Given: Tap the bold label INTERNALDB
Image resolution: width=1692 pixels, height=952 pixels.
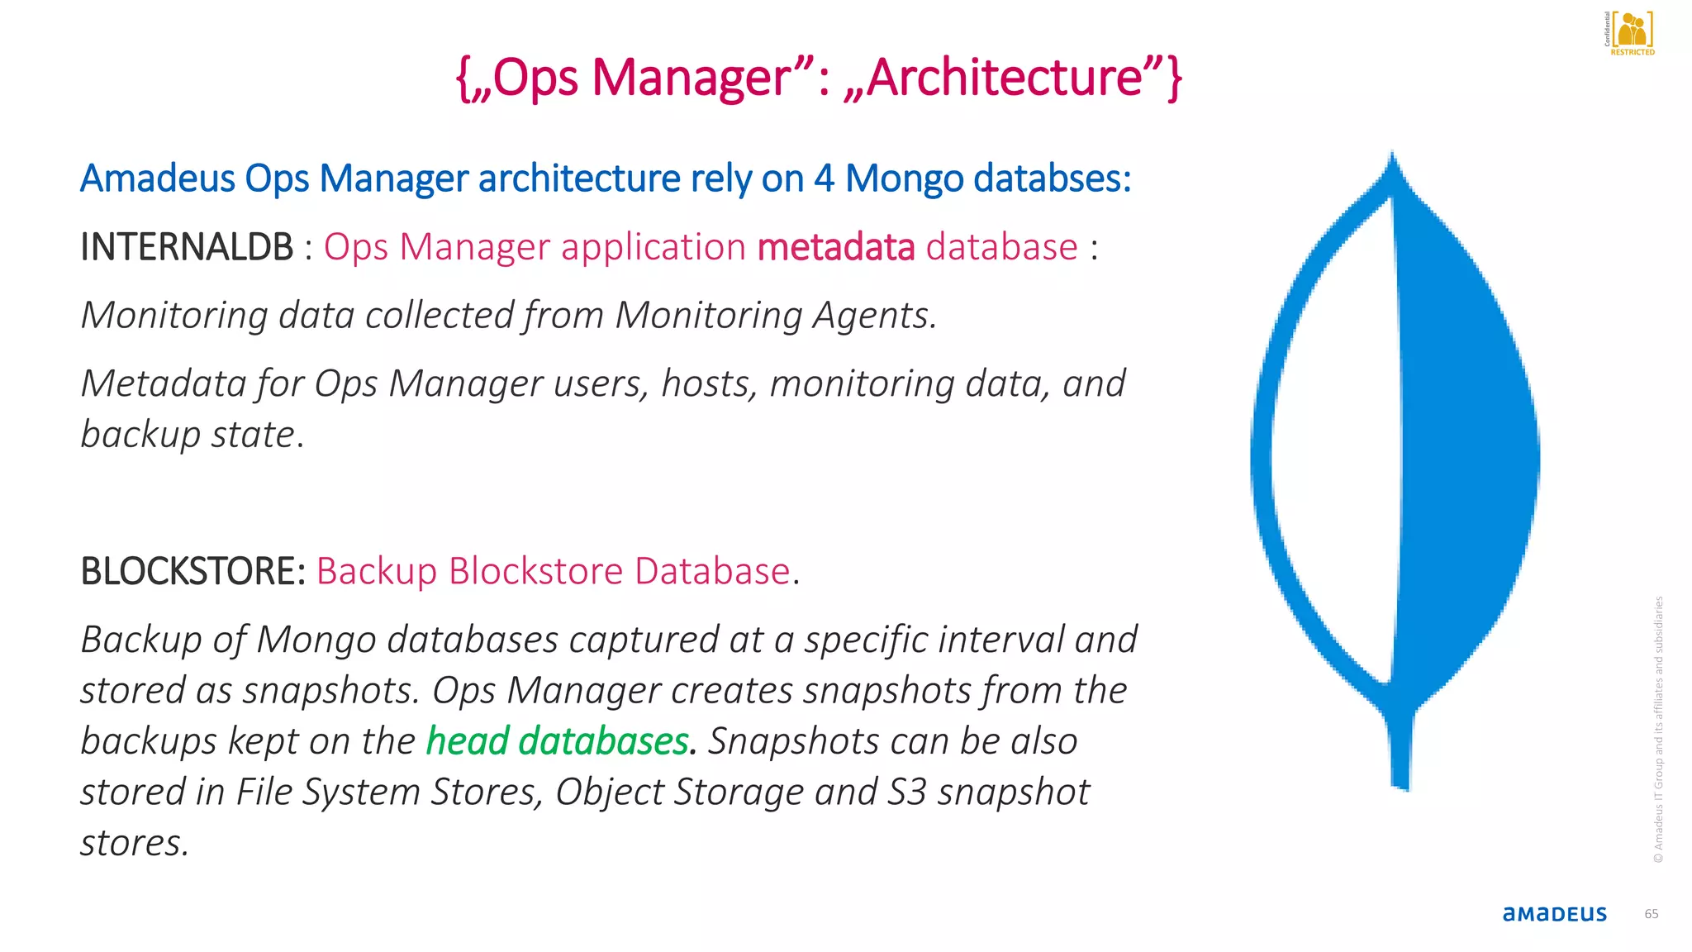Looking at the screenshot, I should coord(187,247).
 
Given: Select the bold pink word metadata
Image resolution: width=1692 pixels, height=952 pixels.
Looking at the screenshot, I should coord(835,247).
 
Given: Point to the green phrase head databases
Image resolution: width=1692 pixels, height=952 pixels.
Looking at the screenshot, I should coord(557,741).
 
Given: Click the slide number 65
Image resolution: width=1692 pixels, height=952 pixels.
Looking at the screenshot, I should coord(1651,914).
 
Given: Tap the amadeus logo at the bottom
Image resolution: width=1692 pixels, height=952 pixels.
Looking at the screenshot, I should coord(1554,914).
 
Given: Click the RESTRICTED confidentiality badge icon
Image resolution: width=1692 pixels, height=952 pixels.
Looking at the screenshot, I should coord(1630,33).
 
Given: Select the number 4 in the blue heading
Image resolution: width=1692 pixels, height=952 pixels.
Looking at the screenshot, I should coord(824,178).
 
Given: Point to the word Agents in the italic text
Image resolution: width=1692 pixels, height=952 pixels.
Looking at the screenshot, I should coord(874,315).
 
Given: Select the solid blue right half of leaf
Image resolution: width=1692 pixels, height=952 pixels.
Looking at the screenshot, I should coord(1462,455).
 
